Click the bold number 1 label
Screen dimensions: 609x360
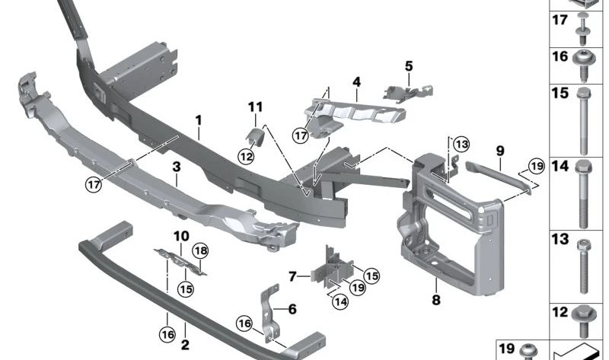click(199, 120)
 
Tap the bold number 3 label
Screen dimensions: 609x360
click(177, 167)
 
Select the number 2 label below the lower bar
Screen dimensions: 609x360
click(185, 345)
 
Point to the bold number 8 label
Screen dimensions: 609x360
click(436, 300)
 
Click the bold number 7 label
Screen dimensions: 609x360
click(292, 276)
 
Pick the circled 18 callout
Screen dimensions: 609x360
click(201, 251)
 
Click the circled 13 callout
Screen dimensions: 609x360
click(461, 145)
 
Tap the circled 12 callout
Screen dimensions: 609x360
click(246, 157)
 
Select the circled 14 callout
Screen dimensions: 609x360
click(340, 301)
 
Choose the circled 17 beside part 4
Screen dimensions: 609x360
click(301, 135)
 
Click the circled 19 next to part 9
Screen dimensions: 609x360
click(537, 167)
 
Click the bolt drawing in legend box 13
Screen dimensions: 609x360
click(583, 266)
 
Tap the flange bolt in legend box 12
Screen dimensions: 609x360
click(584, 321)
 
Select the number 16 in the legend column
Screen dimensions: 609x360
click(560, 56)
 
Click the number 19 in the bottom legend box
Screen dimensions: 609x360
click(506, 349)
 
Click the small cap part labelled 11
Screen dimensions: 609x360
click(255, 137)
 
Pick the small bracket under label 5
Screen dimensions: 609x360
click(408, 93)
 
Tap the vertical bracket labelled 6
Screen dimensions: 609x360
click(271, 314)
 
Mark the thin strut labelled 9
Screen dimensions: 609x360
click(499, 176)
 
